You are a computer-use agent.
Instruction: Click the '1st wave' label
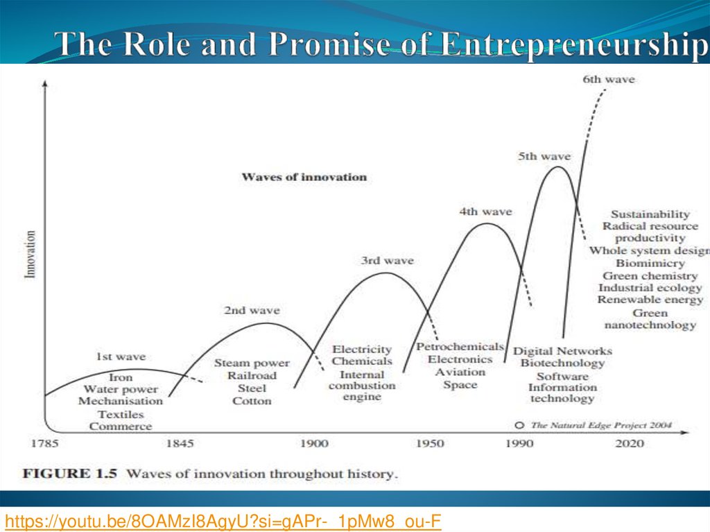click(121, 357)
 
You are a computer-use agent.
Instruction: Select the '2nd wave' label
click(252, 311)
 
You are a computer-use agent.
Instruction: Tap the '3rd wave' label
click(387, 261)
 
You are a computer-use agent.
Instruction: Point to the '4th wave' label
click(485, 212)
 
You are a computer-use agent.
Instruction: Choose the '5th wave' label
click(544, 157)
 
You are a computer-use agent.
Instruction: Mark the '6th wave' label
click(608, 80)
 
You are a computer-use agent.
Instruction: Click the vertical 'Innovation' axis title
click(31, 255)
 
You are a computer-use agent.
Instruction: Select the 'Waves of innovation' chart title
click(304, 177)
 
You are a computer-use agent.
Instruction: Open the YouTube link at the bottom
click(224, 520)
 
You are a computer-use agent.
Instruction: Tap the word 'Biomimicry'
click(650, 264)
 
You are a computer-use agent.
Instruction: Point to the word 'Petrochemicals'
click(460, 347)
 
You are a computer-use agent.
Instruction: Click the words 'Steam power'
click(252, 363)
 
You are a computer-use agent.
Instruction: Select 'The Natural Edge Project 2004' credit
click(600, 425)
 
